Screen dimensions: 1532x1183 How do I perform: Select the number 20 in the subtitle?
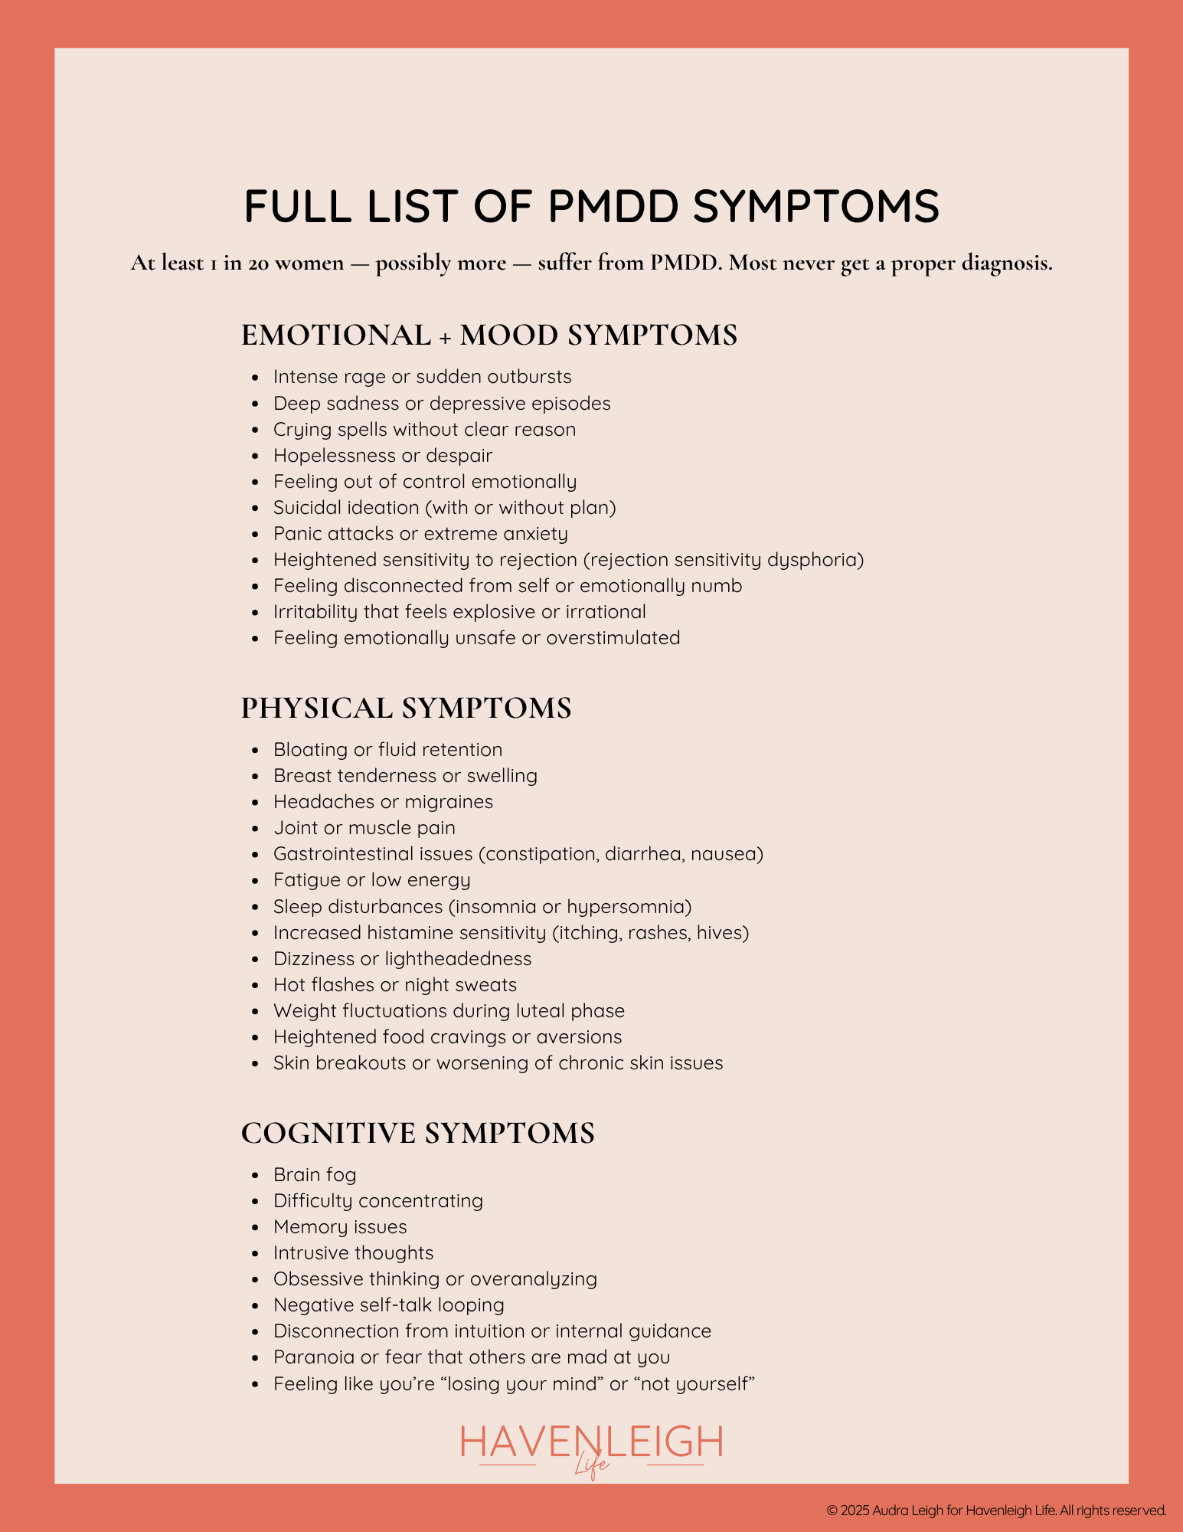257,264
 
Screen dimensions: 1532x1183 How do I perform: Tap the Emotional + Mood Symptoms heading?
489,336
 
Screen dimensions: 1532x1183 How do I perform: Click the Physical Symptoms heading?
406,709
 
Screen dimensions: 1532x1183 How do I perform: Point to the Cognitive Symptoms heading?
417,1134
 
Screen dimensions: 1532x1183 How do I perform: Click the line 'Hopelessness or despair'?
382,456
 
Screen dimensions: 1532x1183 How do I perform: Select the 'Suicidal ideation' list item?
444,508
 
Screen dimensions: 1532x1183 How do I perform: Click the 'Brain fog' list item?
315,1175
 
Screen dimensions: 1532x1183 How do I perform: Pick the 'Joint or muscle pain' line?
364,828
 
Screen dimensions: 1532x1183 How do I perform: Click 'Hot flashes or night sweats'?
394,985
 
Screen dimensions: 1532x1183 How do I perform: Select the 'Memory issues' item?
340,1227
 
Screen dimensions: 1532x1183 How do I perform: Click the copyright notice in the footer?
996,1511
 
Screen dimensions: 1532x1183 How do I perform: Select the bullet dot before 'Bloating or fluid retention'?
256,751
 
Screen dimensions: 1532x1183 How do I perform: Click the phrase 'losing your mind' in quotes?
525,1384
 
